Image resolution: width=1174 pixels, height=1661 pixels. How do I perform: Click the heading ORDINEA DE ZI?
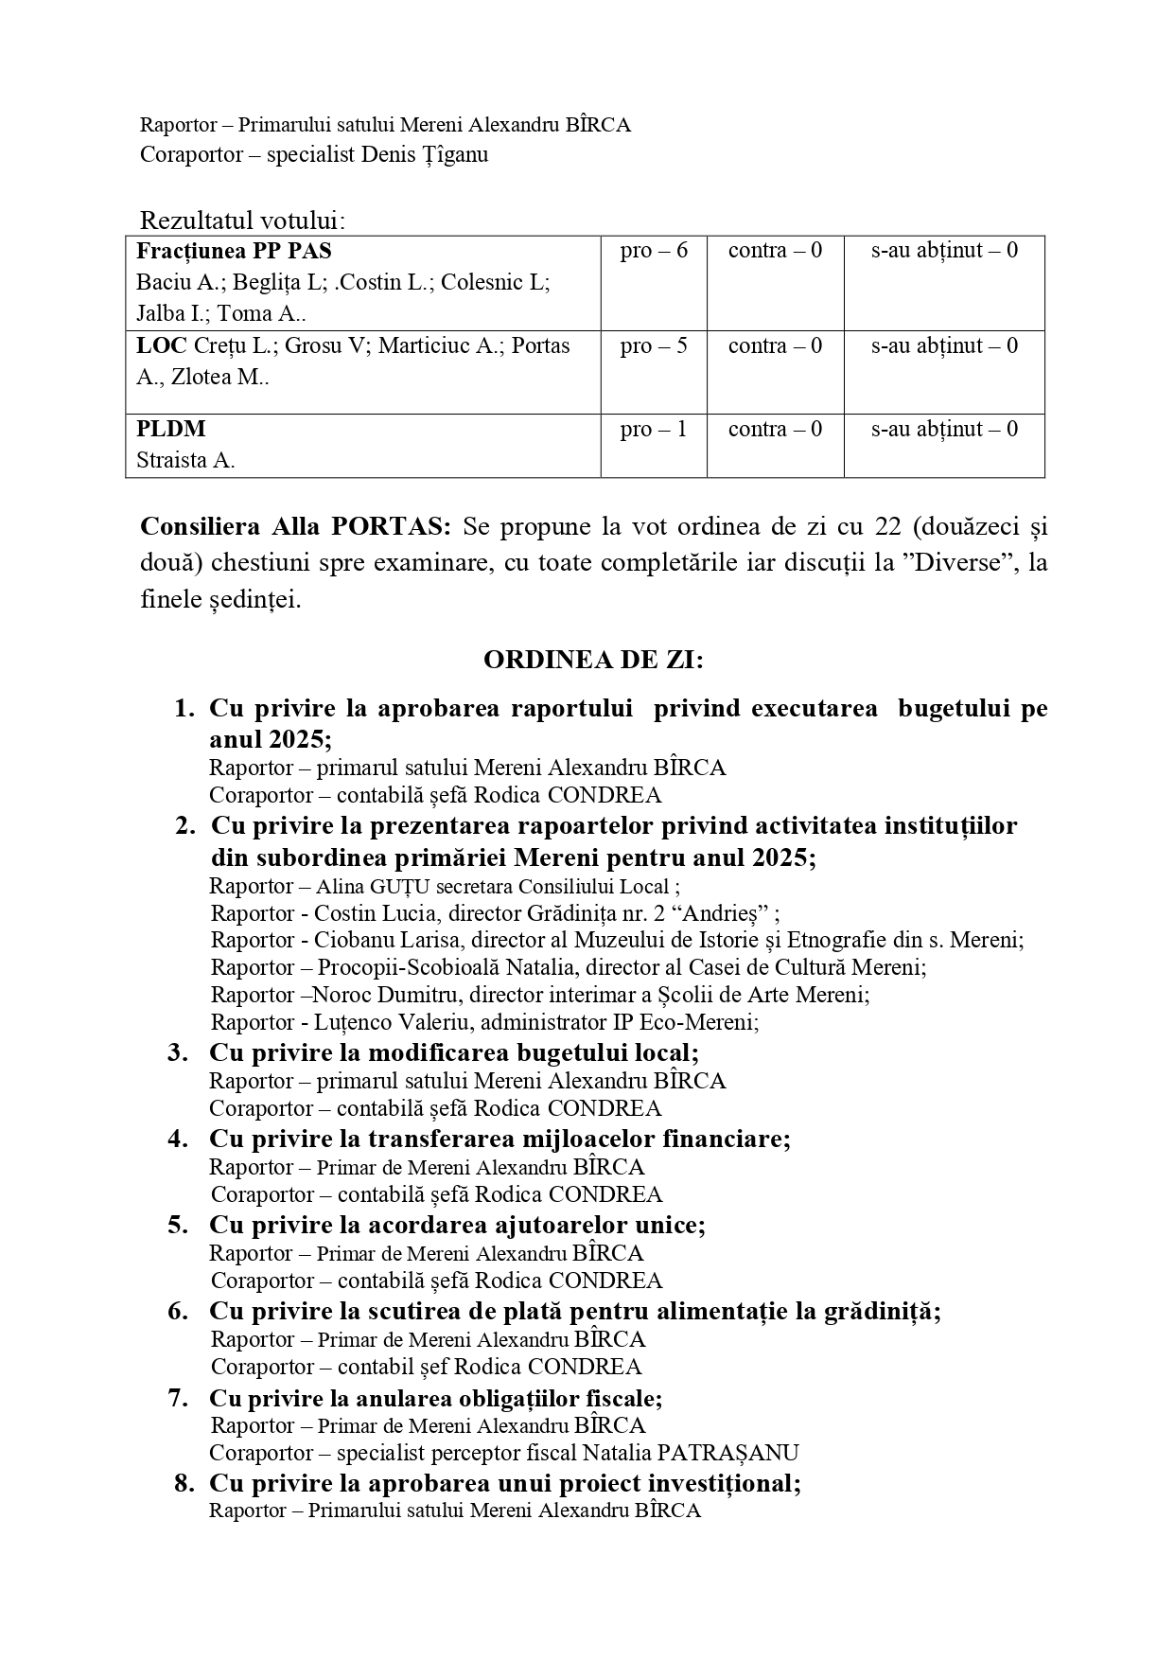[593, 660]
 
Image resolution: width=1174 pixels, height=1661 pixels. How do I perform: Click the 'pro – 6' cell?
[654, 251]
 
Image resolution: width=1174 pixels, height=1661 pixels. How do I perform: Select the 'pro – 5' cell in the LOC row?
[654, 346]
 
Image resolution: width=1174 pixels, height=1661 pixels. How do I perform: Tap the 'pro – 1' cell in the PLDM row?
[654, 430]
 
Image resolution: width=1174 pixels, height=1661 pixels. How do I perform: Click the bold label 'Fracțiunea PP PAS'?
[234, 251]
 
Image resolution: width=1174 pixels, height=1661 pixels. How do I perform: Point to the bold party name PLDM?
[170, 430]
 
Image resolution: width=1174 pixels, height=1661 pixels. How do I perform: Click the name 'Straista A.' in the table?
[185, 461]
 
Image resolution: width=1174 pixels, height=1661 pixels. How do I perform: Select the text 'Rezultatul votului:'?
[243, 221]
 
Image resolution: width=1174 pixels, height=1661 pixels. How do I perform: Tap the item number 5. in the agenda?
[179, 1225]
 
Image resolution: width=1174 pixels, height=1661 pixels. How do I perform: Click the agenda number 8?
[184, 1483]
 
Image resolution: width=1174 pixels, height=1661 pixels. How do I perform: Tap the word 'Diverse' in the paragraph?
[962, 563]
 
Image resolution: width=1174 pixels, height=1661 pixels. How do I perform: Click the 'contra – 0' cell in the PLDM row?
[775, 430]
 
